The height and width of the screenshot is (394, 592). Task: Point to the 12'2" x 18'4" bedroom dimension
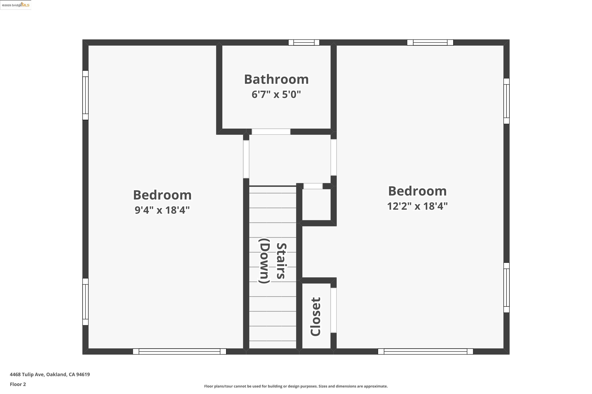click(417, 206)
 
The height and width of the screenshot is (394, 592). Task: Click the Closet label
click(316, 316)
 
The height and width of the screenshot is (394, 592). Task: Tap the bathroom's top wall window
click(304, 43)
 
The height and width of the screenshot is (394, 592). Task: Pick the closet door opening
click(333, 310)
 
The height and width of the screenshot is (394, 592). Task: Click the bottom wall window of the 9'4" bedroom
click(179, 351)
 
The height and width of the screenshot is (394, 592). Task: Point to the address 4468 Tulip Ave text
click(50, 374)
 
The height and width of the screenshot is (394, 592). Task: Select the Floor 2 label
click(18, 384)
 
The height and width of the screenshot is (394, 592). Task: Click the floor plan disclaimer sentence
click(296, 386)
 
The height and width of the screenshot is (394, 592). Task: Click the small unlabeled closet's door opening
click(313, 186)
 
